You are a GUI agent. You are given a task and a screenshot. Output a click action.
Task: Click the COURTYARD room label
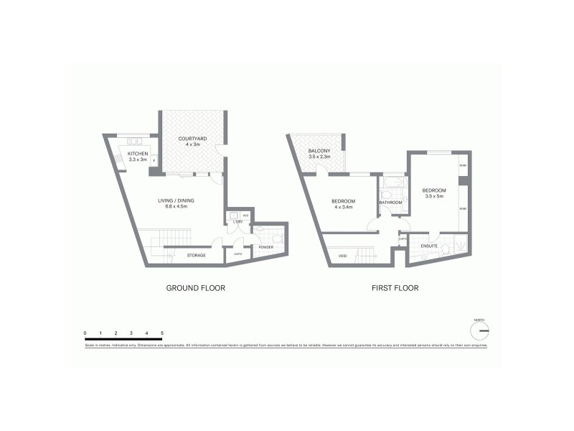192,139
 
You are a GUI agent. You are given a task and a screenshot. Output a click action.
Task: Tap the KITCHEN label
138,154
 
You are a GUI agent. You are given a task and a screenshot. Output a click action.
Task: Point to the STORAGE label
196,255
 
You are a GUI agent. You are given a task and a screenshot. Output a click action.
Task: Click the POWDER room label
265,248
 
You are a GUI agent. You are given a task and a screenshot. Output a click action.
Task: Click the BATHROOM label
391,203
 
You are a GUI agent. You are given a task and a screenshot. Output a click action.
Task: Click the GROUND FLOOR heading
196,288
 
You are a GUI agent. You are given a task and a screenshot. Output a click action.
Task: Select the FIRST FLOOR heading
395,288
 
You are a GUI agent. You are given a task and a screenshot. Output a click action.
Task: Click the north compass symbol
479,330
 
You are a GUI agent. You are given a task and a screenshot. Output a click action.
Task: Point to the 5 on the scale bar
162,333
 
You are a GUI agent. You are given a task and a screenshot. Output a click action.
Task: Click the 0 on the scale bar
85,333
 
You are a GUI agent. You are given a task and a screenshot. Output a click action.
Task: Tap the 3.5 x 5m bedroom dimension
435,196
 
